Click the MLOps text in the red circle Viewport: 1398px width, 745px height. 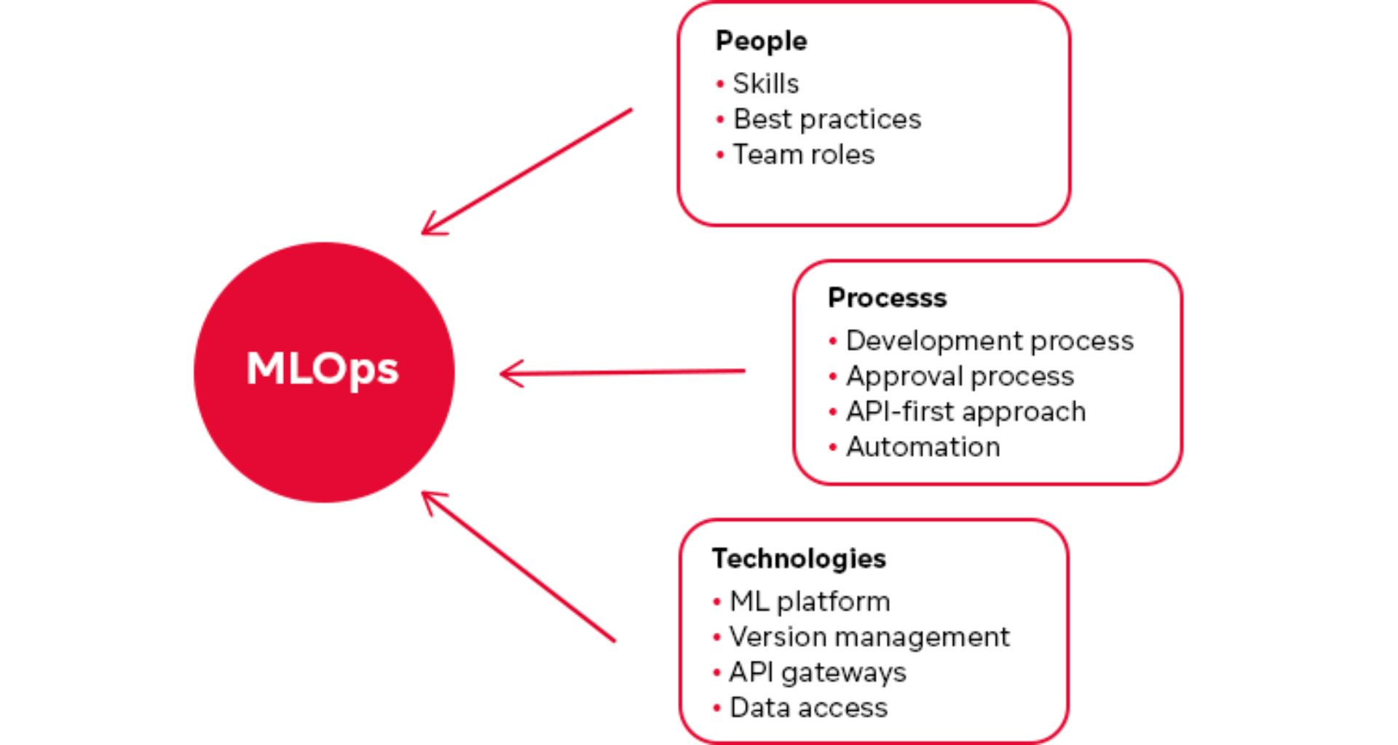pyautogui.click(x=323, y=369)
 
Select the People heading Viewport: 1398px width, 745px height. pyautogui.click(x=761, y=41)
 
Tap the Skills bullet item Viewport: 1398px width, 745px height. pyautogui.click(x=765, y=84)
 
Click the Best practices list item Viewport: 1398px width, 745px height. pyautogui.click(x=826, y=119)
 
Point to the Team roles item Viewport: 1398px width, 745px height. pyautogui.click(x=803, y=155)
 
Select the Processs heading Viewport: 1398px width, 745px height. pyautogui.click(x=887, y=298)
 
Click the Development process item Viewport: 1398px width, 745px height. pyautogui.click(x=989, y=341)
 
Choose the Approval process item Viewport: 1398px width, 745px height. pyautogui.click(x=959, y=377)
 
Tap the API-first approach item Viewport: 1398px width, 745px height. pyautogui.click(x=965, y=412)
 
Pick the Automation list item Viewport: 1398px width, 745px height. pyautogui.click(x=923, y=447)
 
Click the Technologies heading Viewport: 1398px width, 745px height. pyautogui.click(x=799, y=559)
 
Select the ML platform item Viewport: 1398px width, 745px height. pyautogui.click(x=809, y=602)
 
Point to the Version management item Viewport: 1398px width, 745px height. pyautogui.click(x=869, y=637)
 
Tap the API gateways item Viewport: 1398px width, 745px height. pyautogui.click(x=817, y=673)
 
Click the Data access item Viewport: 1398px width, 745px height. pyautogui.click(x=808, y=708)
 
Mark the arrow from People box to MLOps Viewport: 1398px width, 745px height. pyautogui.click(x=528, y=172)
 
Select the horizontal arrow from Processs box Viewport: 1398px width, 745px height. pyautogui.click(x=623, y=372)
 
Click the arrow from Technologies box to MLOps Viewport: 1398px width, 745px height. pyautogui.click(x=518, y=567)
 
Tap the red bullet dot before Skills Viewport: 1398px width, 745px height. pyautogui.click(x=719, y=84)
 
